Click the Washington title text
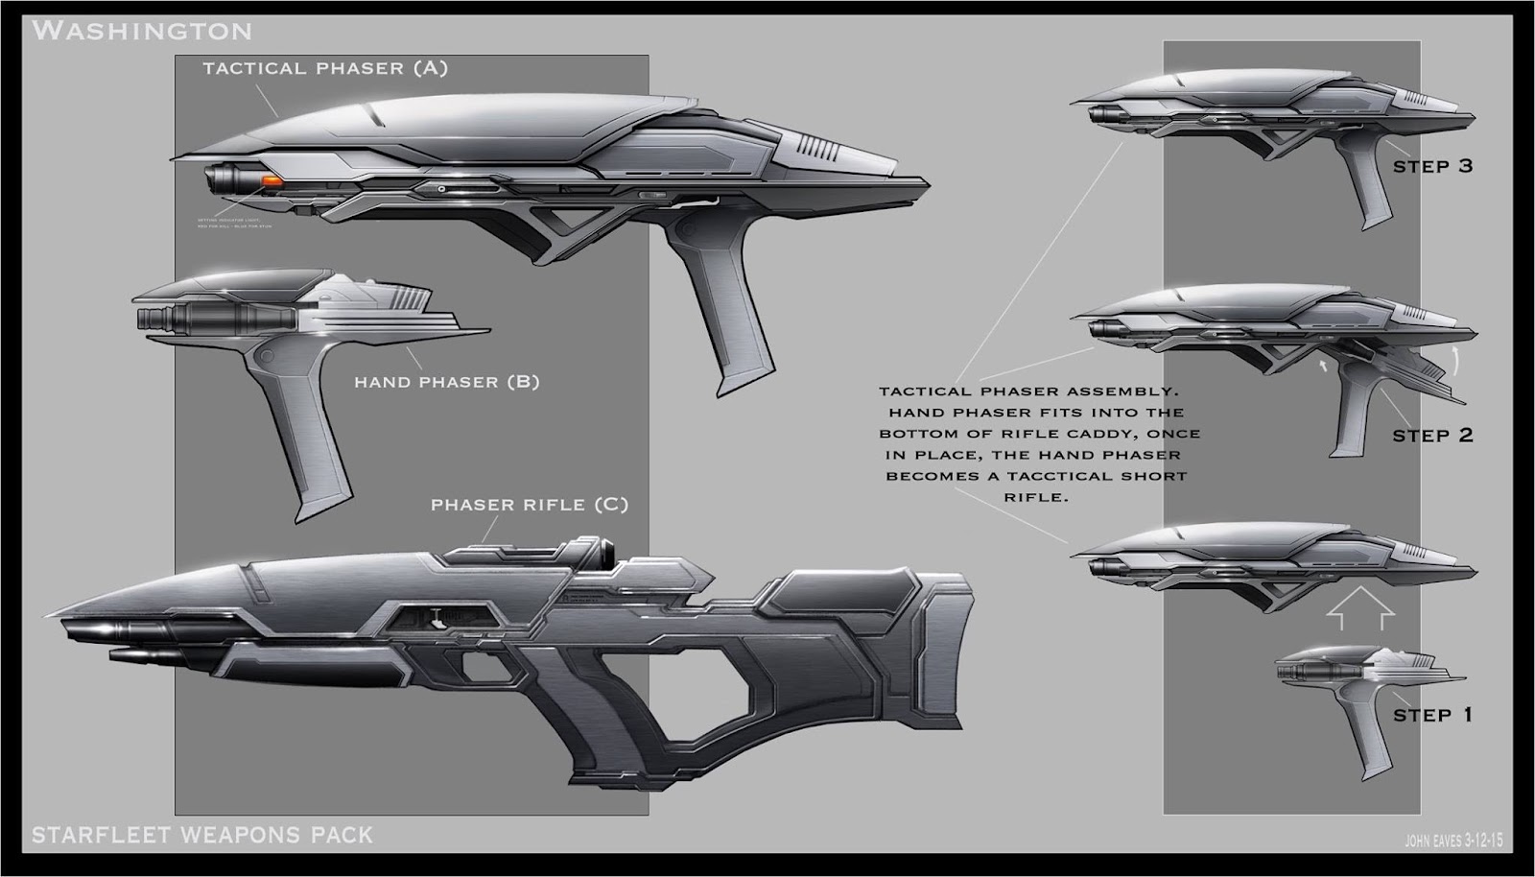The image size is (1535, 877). tap(142, 31)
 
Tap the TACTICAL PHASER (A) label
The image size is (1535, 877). tap(324, 68)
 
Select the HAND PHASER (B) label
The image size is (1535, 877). tap(446, 382)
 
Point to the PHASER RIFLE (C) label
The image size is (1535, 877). tap(529, 505)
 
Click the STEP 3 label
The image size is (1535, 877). tap(1432, 166)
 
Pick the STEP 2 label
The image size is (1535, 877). tap(1432, 436)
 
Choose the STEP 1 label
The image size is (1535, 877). tap(1432, 715)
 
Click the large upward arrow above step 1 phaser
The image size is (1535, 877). tap(1358, 610)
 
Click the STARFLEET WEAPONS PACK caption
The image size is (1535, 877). tap(201, 835)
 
